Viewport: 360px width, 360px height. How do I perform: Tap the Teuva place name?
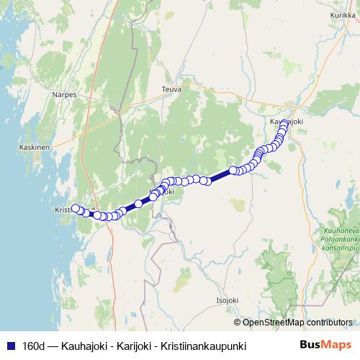point(171,89)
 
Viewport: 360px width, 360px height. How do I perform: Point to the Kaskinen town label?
point(34,148)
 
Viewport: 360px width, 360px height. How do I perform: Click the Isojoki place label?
point(228,299)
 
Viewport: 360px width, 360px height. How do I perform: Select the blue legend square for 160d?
point(10,346)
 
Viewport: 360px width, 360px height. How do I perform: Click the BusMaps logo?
point(325,345)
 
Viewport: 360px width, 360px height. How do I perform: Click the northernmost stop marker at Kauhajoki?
point(285,123)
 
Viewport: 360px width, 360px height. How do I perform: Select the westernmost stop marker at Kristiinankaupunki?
point(75,209)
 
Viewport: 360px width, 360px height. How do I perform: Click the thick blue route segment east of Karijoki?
point(220,176)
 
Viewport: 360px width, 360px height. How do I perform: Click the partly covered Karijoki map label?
point(162,192)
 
